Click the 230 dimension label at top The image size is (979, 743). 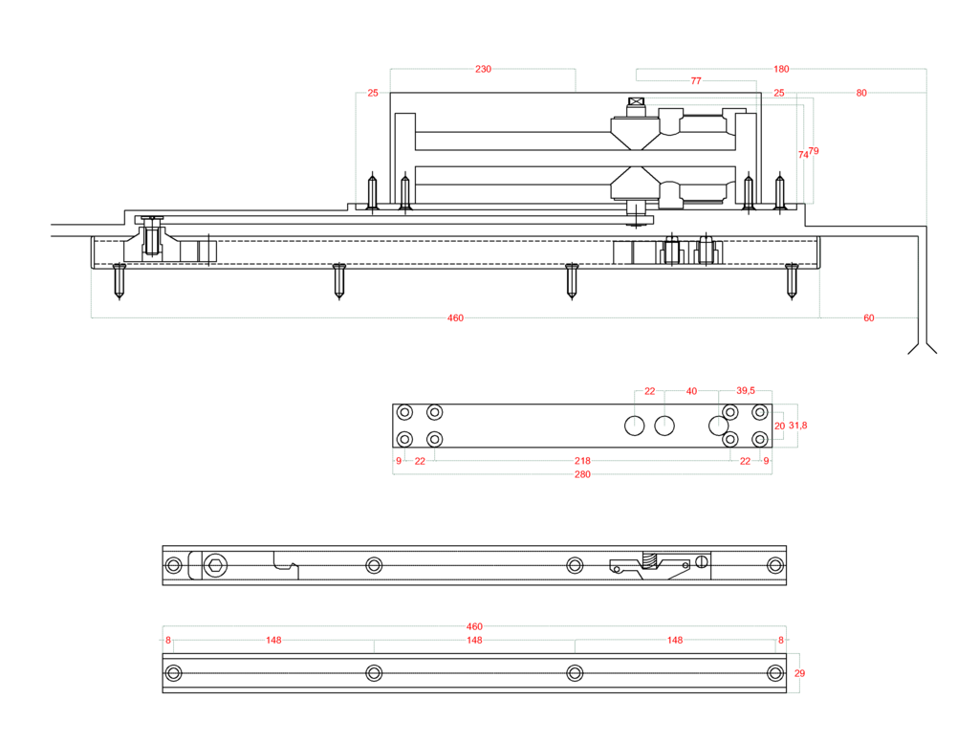[483, 69]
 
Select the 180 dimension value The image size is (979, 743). [781, 69]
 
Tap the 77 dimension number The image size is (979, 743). [696, 80]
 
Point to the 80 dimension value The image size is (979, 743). [861, 93]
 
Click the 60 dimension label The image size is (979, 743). [868, 317]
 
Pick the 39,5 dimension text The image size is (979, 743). [746, 391]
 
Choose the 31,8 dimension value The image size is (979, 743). [798, 426]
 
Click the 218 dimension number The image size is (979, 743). [582, 461]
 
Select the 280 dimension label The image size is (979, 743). [582, 474]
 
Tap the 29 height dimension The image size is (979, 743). [800, 673]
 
